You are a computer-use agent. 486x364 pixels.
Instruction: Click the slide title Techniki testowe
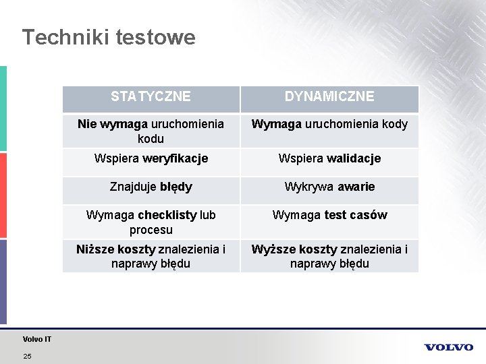(x=108, y=37)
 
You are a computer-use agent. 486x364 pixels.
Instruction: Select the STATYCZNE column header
(x=151, y=96)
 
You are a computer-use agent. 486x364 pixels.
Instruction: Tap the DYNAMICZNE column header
(x=329, y=96)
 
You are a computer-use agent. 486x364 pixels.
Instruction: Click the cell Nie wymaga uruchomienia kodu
(x=151, y=131)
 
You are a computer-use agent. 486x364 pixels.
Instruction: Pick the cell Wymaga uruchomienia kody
(x=329, y=125)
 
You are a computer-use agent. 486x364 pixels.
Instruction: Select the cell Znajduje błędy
(x=151, y=187)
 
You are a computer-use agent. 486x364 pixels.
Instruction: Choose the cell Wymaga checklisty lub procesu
(x=151, y=222)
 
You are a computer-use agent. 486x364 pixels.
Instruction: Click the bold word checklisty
(x=167, y=215)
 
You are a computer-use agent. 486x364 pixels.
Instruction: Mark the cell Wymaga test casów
(x=329, y=215)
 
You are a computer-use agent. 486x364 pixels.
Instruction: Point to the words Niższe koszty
(x=115, y=249)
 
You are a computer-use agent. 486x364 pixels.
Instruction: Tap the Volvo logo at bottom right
(x=449, y=347)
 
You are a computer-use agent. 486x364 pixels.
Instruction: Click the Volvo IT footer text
(x=36, y=339)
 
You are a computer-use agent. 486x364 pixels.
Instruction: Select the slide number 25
(x=27, y=355)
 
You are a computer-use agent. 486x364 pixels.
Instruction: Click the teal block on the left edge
(x=3, y=108)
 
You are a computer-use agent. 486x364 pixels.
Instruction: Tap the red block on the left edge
(x=3, y=195)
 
